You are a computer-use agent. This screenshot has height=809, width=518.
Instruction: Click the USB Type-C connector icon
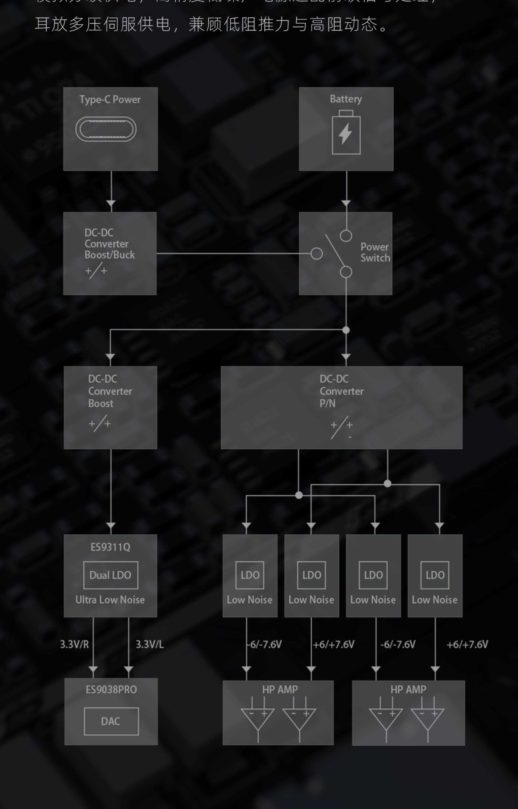coord(106,129)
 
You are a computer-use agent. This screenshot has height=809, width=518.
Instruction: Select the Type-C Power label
coord(110,99)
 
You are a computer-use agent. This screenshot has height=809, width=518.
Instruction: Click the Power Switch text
coord(375,252)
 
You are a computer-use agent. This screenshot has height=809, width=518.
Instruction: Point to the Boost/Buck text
coord(109,255)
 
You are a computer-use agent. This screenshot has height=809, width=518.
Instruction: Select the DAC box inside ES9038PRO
coord(111,721)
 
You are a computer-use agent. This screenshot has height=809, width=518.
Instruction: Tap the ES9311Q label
coord(110,547)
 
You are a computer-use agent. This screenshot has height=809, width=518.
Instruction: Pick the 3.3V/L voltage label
coord(150,644)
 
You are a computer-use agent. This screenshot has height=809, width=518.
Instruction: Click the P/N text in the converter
coord(327,403)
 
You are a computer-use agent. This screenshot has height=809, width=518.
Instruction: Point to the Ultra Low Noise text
coord(110,599)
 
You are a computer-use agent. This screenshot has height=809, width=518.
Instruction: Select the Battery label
coord(346,99)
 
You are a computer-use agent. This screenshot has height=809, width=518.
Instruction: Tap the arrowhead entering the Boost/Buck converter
coord(111,204)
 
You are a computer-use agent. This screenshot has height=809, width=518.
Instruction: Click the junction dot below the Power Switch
coord(346,330)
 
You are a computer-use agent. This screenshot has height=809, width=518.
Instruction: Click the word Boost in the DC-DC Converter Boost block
coord(101,403)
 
